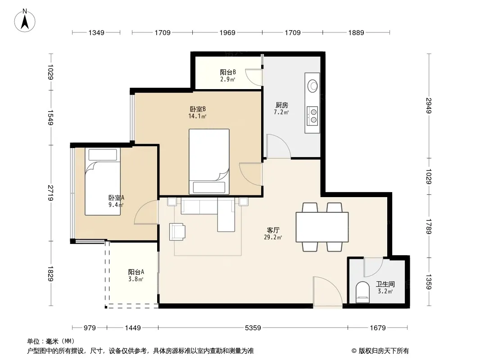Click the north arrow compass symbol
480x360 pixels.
(25, 21)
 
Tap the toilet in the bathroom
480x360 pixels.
(363, 292)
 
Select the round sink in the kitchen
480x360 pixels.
(312, 85)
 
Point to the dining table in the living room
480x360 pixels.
(322, 227)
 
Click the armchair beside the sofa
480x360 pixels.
(177, 232)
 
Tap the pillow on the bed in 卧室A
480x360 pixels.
(103, 155)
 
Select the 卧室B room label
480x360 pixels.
(198, 109)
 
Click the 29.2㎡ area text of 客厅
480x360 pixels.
(273, 237)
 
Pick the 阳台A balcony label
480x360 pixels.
(136, 272)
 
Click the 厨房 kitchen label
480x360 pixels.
(281, 105)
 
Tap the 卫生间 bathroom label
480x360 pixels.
(385, 284)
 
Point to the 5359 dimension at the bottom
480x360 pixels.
(253, 328)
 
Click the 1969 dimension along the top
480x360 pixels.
(227, 32)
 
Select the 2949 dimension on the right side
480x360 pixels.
(429, 105)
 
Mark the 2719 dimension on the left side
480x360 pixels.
(50, 193)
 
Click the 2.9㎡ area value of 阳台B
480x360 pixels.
(228, 80)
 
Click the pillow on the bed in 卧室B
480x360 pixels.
(209, 187)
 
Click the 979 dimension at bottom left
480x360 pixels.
(90, 328)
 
